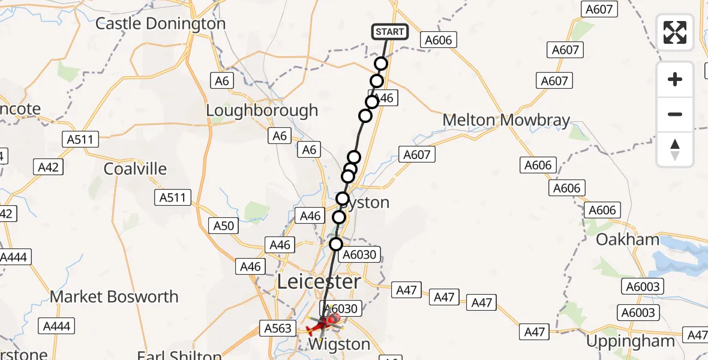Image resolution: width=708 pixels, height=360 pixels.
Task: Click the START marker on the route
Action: [391, 32]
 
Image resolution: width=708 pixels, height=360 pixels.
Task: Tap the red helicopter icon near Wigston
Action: [319, 327]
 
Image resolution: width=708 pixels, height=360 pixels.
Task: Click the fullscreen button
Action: [675, 32]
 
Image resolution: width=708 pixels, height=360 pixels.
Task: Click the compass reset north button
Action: [675, 149]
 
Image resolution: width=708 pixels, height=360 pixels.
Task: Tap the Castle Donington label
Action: [160, 24]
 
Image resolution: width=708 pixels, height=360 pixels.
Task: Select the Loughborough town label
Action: [262, 111]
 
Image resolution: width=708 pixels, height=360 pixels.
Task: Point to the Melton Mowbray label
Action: [506, 120]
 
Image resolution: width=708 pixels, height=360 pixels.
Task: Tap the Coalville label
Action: [135, 169]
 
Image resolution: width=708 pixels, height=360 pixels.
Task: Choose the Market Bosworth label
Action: [114, 296]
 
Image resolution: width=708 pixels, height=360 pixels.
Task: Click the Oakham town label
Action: [627, 240]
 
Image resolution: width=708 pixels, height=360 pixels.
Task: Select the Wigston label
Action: [338, 344]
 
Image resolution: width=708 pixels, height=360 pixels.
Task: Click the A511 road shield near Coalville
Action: [172, 197]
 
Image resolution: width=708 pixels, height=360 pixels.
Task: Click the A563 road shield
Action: [278, 328]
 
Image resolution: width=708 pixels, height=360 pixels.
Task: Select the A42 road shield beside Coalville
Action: [48, 167]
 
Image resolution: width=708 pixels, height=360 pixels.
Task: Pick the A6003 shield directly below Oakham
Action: [641, 287]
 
